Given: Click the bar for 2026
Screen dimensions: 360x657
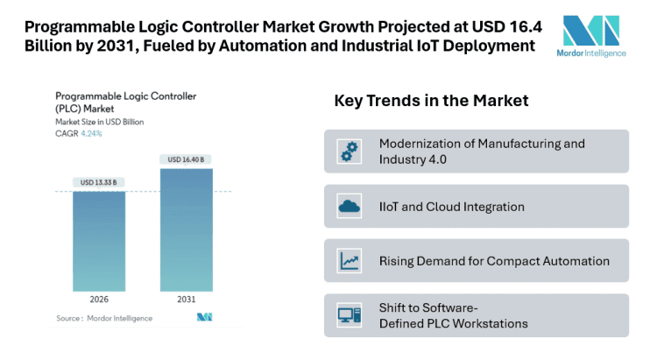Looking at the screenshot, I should (98, 241).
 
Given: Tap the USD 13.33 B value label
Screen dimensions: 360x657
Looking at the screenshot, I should (98, 183).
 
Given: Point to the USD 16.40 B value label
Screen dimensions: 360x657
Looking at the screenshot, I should (186, 159).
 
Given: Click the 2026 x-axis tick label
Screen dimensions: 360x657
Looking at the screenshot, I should (98, 300).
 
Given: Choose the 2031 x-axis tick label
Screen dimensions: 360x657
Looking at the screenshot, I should (186, 300).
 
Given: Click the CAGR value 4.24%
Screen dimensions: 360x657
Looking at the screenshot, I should (90, 134).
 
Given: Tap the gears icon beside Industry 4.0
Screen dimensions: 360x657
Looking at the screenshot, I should (350, 152).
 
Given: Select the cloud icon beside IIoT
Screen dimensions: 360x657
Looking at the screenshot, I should (350, 207).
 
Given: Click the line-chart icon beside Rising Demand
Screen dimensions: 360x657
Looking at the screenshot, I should (350, 261).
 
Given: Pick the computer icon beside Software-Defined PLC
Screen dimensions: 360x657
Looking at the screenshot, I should (350, 315).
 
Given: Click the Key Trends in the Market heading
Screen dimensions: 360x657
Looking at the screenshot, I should (431, 101).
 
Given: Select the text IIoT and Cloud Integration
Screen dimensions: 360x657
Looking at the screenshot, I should (451, 207).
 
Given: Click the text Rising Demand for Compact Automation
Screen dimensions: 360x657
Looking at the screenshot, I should (494, 261).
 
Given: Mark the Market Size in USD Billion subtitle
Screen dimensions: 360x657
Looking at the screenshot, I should (100, 123).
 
